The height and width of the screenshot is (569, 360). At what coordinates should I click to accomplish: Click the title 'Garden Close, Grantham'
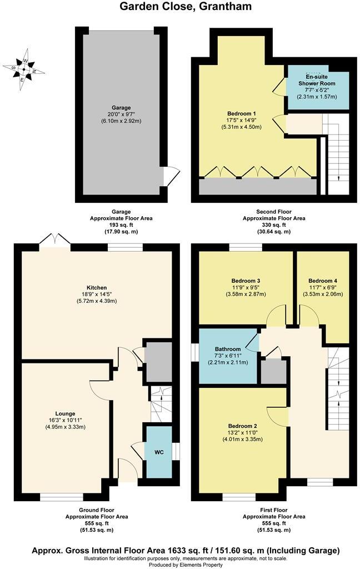(x=179, y=7)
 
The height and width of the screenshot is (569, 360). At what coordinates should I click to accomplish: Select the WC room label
(x=158, y=452)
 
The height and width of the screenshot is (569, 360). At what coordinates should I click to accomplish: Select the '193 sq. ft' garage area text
(x=121, y=225)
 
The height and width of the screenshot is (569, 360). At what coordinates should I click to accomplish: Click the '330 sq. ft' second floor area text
(x=273, y=225)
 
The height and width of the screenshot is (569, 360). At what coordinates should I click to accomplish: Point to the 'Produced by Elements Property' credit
(x=179, y=565)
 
